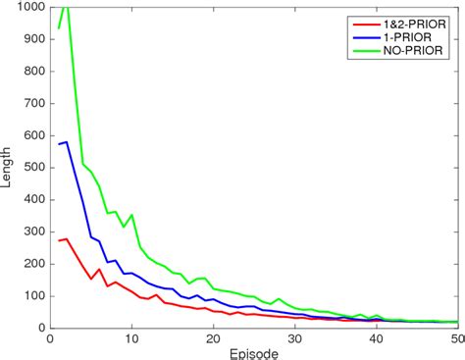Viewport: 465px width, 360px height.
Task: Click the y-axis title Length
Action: pos(9,167)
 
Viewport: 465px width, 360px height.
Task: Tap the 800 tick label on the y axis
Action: pos(32,72)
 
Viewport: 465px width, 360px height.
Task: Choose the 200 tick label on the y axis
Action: pos(32,264)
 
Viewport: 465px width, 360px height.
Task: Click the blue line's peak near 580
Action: pos(67,142)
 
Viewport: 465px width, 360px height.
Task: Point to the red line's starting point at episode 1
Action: pos(58,240)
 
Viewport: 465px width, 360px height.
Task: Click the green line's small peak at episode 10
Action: pos(131,214)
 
